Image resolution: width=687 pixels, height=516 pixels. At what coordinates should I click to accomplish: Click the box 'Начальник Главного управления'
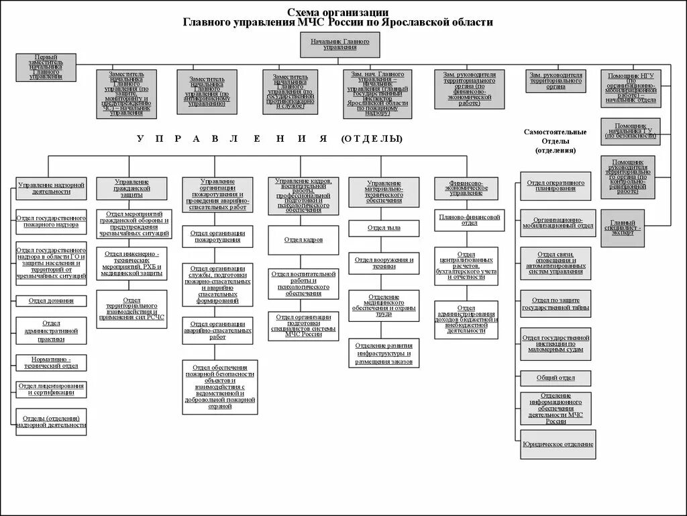(339, 45)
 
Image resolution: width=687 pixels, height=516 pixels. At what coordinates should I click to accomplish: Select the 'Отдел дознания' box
(51, 300)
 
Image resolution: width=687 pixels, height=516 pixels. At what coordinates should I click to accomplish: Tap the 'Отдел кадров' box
(303, 240)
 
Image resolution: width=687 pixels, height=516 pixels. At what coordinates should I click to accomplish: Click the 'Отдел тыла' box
(384, 228)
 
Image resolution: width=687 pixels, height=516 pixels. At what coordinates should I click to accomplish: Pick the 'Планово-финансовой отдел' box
(470, 220)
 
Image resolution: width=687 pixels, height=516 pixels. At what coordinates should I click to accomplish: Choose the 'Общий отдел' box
(556, 378)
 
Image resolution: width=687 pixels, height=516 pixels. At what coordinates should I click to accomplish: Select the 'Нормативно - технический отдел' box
(51, 363)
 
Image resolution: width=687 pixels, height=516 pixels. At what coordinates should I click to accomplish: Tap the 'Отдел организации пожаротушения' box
(217, 236)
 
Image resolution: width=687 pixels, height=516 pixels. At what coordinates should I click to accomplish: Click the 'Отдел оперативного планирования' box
(556, 185)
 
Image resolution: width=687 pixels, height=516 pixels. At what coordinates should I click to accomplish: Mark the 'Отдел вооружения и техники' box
(384, 263)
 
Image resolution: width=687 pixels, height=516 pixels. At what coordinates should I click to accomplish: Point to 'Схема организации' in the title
(338, 12)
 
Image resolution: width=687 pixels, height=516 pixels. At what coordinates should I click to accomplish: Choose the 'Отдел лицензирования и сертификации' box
(51, 390)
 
